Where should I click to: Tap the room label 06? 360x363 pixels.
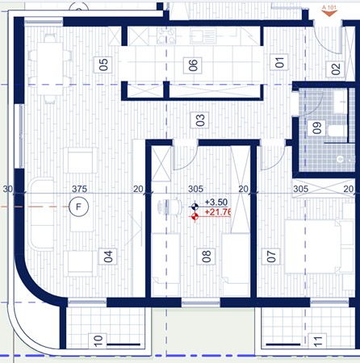pos(193,66)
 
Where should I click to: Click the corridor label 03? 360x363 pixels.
pos(199,122)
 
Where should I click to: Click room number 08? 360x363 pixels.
pos(207,257)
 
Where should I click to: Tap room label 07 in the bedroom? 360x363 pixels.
pos(271,257)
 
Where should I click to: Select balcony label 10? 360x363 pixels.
pos(98,343)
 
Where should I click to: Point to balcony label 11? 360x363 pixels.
pos(317,343)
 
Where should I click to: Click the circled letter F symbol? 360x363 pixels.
pos(78,207)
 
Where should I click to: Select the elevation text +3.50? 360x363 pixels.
pos(216,203)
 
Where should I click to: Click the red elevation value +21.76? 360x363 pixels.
pos(219,213)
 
